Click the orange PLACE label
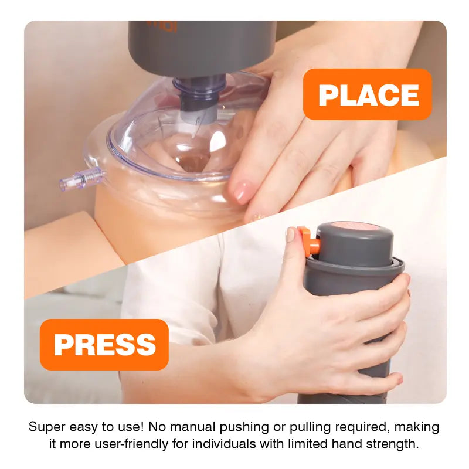point(368,94)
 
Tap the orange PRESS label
point(104,344)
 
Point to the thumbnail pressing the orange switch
point(291,235)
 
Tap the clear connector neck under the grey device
point(199,94)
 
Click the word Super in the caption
point(47,427)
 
